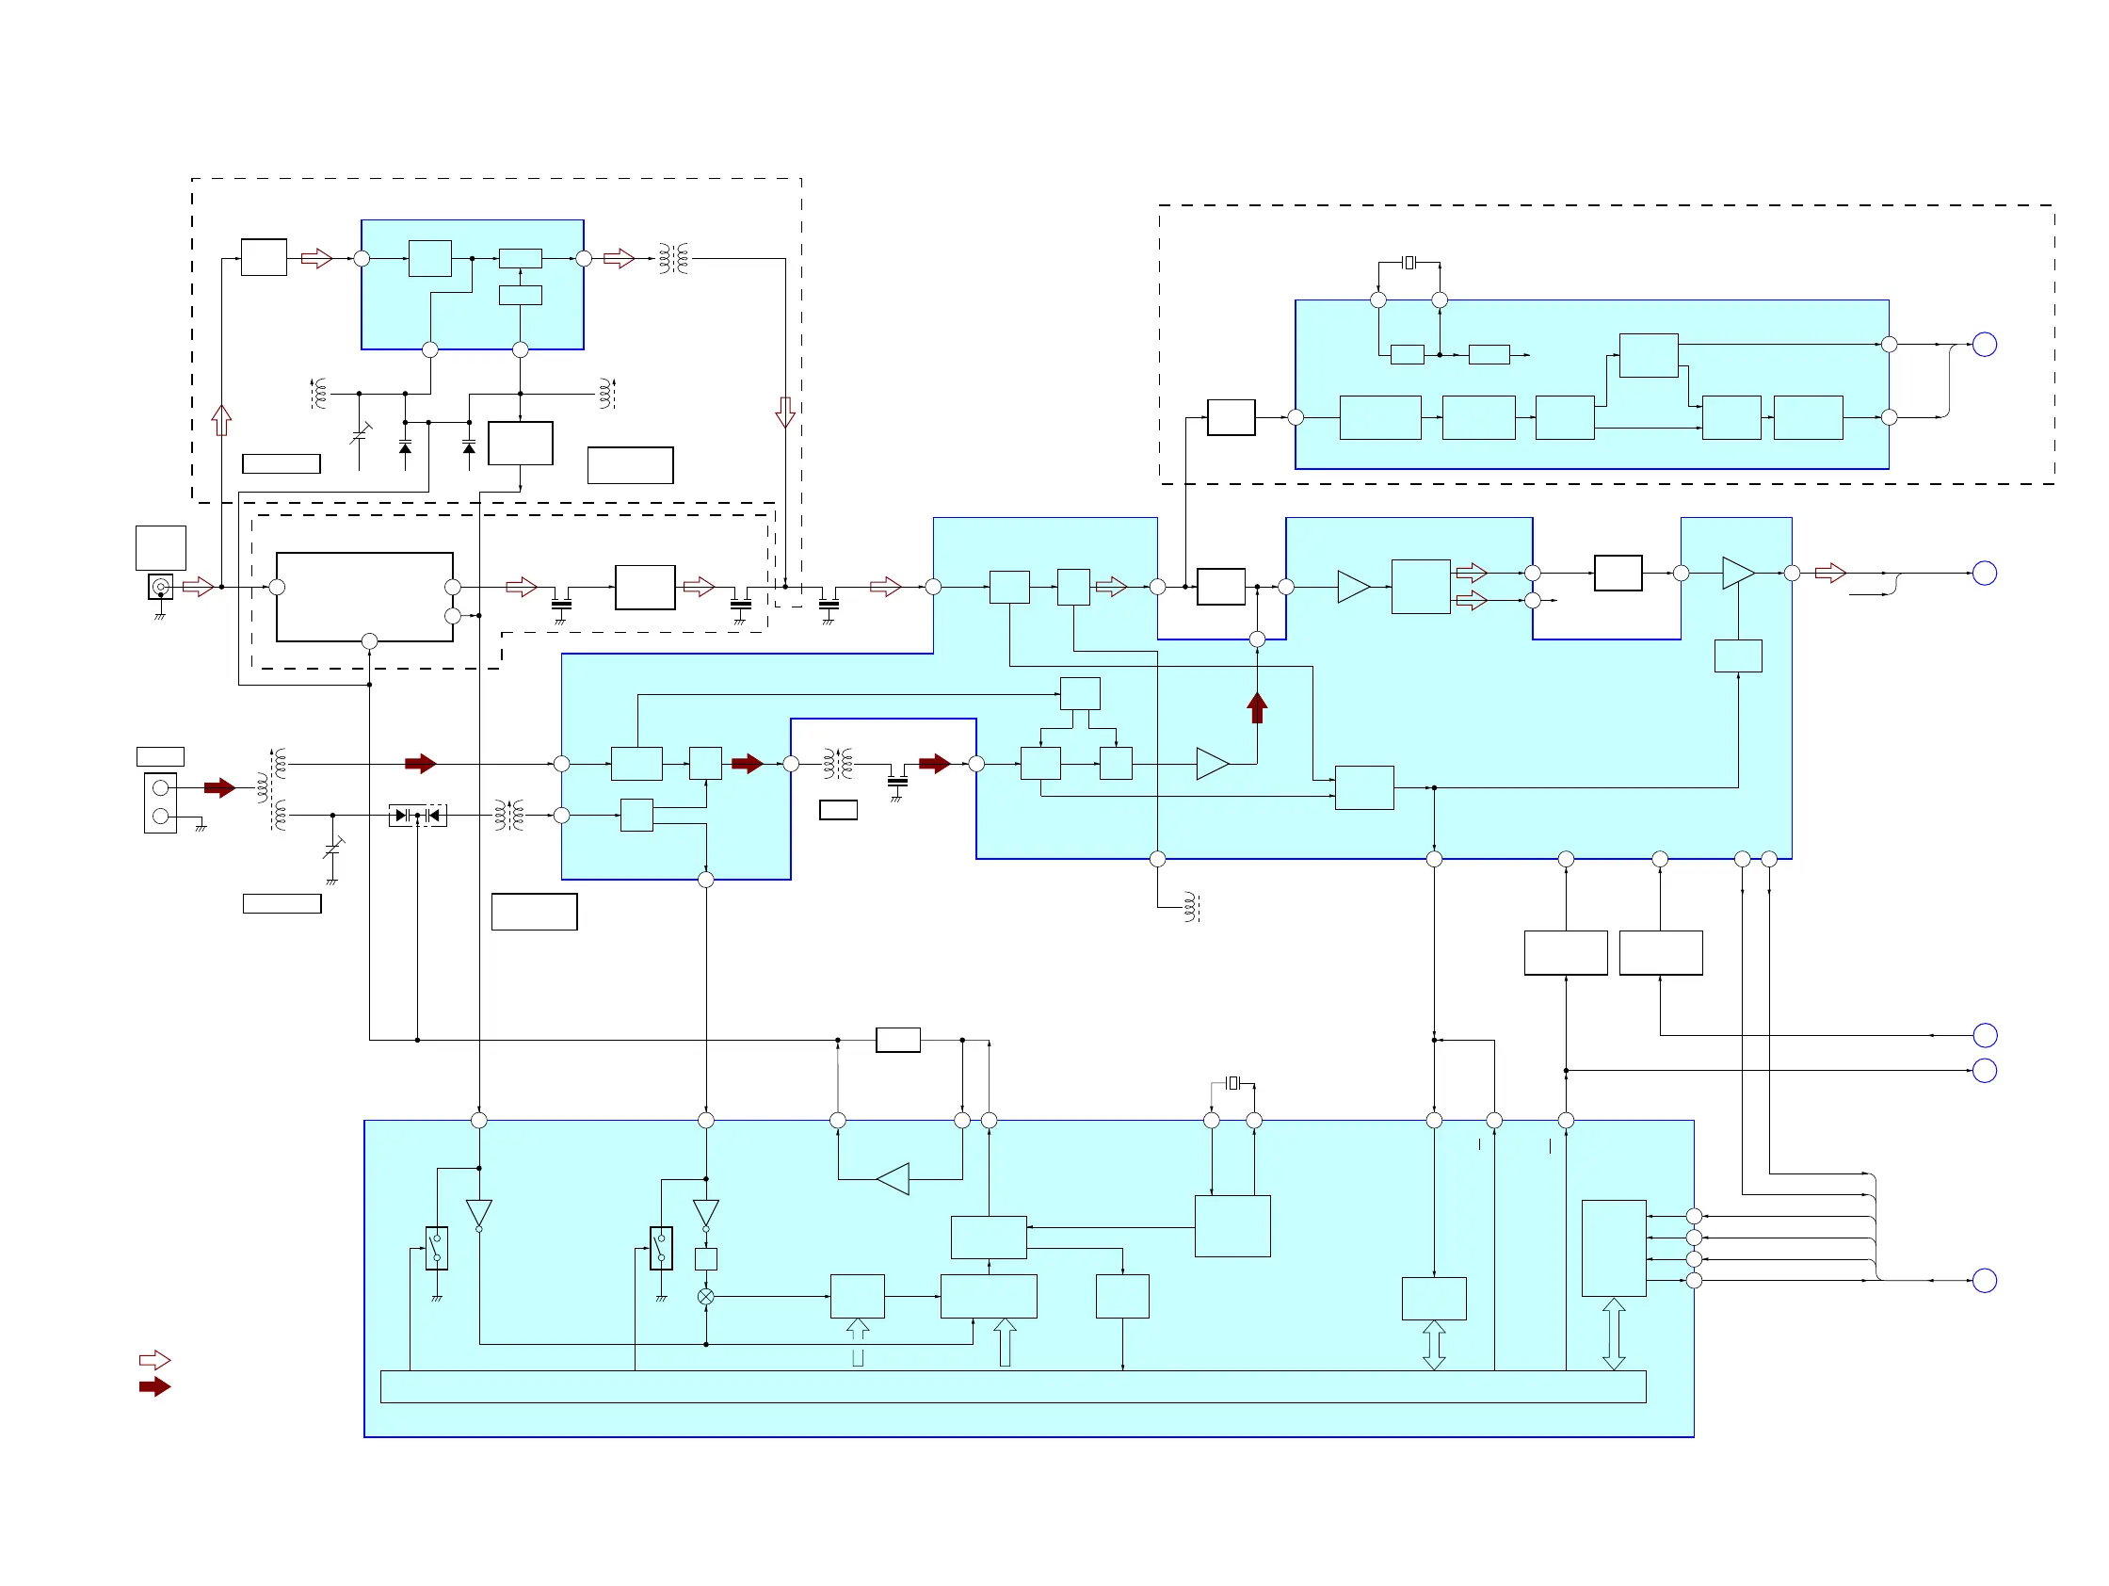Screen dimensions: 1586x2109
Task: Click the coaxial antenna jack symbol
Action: (x=160, y=587)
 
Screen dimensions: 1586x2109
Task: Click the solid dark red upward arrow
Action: (x=1257, y=707)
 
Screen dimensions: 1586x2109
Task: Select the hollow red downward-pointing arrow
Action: (x=784, y=412)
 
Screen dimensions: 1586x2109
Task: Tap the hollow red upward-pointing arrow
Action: (x=221, y=420)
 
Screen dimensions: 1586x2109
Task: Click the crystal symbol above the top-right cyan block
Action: (x=1409, y=262)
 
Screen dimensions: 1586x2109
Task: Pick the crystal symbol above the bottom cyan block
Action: (x=1232, y=1082)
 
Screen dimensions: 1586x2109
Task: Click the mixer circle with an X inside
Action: (x=705, y=1297)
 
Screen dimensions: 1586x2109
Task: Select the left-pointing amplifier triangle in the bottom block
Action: (x=894, y=1179)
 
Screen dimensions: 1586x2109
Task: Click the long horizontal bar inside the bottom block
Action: (x=1012, y=1386)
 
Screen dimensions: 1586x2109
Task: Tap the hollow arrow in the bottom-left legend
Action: (x=154, y=1360)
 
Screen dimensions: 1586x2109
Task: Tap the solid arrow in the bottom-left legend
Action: (x=154, y=1386)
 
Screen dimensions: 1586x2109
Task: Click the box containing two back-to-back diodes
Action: (x=418, y=816)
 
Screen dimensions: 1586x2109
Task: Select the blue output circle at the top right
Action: (x=1984, y=345)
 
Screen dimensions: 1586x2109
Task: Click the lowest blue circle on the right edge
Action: (x=1984, y=1280)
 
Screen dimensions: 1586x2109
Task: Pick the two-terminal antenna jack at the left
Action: (x=160, y=802)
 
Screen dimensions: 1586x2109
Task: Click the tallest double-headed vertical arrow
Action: (x=1613, y=1335)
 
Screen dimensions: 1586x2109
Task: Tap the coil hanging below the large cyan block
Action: (x=1190, y=907)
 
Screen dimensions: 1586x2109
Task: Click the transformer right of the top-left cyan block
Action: (x=673, y=258)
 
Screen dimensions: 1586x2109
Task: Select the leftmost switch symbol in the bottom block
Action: (x=437, y=1248)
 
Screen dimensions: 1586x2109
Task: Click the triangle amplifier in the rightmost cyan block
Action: (x=1738, y=574)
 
